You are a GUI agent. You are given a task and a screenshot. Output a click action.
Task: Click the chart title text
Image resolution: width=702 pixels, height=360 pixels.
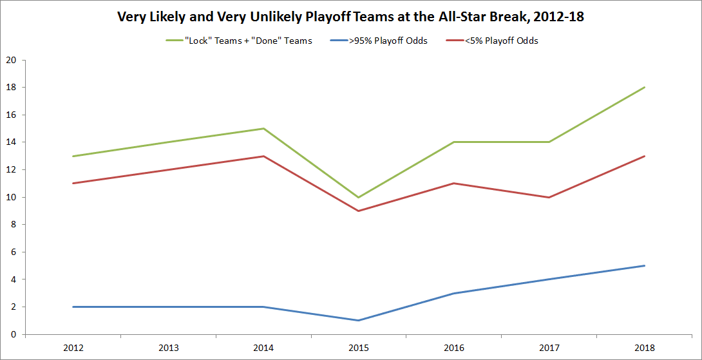click(350, 17)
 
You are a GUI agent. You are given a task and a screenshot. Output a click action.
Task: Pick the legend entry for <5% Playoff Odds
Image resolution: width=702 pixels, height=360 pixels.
click(502, 41)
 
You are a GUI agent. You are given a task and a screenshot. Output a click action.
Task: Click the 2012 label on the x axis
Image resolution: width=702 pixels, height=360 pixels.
click(73, 348)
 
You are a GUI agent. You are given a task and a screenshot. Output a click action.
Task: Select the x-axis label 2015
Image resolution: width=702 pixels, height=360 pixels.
click(359, 348)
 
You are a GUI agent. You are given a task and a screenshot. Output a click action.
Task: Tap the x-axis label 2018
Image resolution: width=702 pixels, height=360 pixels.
click(644, 348)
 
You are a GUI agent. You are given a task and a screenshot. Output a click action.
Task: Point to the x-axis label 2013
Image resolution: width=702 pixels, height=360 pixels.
click(169, 348)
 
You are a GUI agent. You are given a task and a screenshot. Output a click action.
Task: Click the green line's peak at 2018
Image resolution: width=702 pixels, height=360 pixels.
click(644, 88)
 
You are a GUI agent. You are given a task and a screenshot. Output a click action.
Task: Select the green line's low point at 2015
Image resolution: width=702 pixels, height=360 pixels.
click(359, 197)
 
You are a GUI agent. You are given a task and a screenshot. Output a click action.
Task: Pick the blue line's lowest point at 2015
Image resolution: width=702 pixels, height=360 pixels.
click(359, 320)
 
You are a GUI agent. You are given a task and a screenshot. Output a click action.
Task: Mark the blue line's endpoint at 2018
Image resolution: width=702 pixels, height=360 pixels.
click(644, 265)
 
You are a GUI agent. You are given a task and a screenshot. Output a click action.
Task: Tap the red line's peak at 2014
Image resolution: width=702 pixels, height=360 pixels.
click(264, 156)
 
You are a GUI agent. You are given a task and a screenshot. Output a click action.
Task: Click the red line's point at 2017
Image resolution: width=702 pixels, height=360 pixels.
click(549, 197)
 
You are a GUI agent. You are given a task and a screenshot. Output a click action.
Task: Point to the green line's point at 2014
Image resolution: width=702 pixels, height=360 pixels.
click(264, 128)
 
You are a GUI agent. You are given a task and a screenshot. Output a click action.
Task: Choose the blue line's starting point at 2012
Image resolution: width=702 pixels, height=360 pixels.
click(73, 307)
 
